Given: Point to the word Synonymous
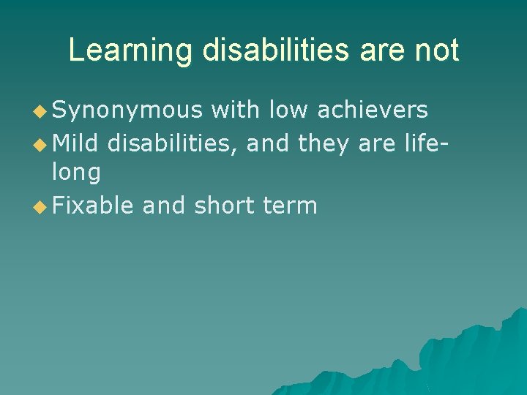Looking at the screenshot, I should (127, 110).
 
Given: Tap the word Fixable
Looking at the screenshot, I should (93, 206).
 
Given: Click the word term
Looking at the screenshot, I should (291, 206).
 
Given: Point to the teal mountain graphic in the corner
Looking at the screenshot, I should (454, 358).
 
